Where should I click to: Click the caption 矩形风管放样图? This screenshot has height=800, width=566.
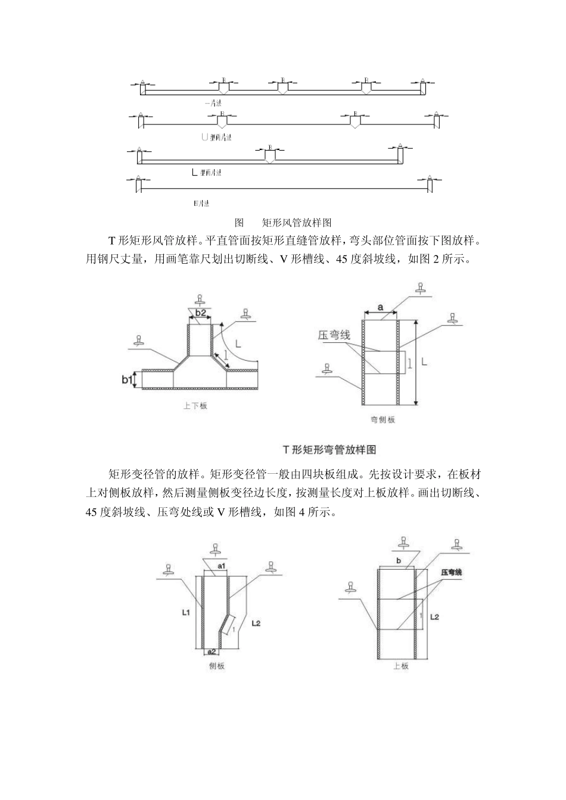tap(296, 223)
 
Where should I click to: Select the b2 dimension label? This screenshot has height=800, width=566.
tap(200, 313)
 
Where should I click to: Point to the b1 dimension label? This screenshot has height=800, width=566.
tap(126, 379)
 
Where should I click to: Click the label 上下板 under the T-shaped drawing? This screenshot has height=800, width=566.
tap(195, 406)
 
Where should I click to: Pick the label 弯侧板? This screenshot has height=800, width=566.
tap(382, 420)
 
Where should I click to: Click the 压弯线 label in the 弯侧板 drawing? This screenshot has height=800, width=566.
tap(334, 336)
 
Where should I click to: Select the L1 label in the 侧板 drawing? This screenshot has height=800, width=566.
tap(185, 611)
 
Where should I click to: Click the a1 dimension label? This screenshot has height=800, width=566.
tap(220, 567)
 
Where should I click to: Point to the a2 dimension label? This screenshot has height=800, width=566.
tap(212, 652)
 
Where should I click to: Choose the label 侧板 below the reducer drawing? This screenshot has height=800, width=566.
tap(217, 667)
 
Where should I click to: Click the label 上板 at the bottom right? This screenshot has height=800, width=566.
tap(401, 666)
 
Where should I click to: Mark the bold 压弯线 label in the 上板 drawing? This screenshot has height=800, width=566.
tap(452, 573)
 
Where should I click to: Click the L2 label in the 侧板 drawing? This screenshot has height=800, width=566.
tap(256, 623)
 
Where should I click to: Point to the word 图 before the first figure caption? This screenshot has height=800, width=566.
tap(240, 223)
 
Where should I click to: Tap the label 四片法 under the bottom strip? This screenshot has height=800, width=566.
tap(201, 204)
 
